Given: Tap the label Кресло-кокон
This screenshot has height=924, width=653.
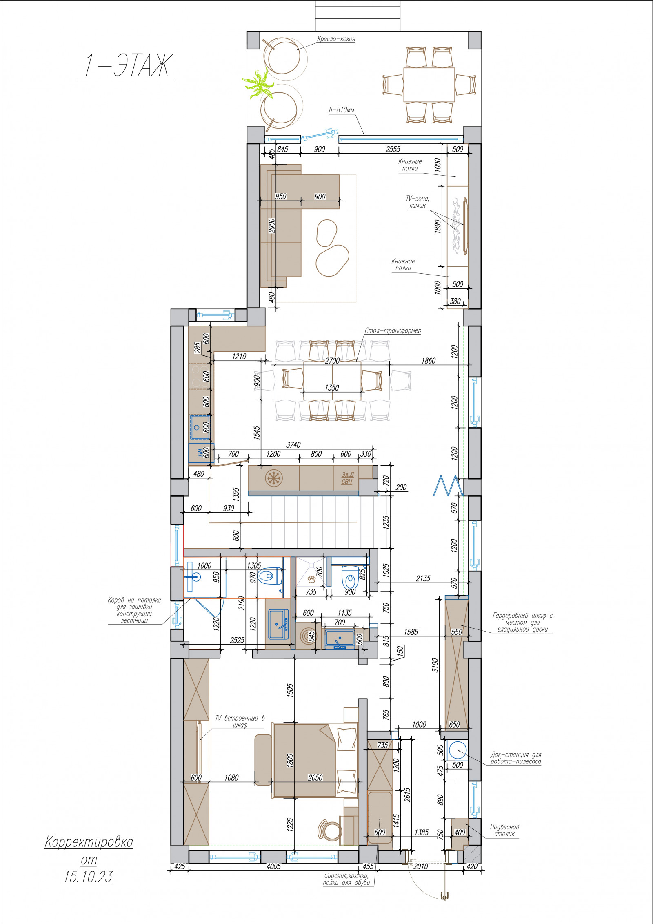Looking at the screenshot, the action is click(x=336, y=39).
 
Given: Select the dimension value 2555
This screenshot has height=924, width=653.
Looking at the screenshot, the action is click(x=393, y=150).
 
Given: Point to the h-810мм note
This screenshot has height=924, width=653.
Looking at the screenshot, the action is click(x=342, y=110).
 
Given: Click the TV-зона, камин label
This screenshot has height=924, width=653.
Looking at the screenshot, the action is click(x=417, y=202).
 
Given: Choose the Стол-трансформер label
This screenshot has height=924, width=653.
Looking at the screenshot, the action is click(x=393, y=330).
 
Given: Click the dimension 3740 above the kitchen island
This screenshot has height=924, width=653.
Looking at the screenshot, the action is click(x=293, y=445).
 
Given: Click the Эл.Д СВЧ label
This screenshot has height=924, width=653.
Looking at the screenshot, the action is click(x=347, y=478).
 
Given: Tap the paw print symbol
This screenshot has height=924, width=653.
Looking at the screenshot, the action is click(x=312, y=579).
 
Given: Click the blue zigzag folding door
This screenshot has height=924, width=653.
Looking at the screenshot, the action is click(x=448, y=486).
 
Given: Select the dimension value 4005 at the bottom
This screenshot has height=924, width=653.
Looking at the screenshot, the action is click(x=273, y=866).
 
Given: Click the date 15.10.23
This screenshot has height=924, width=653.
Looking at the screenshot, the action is click(x=87, y=877).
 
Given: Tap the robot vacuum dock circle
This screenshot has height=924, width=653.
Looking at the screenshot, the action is click(x=457, y=750).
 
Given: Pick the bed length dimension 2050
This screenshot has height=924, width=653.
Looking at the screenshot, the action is click(x=315, y=778).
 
